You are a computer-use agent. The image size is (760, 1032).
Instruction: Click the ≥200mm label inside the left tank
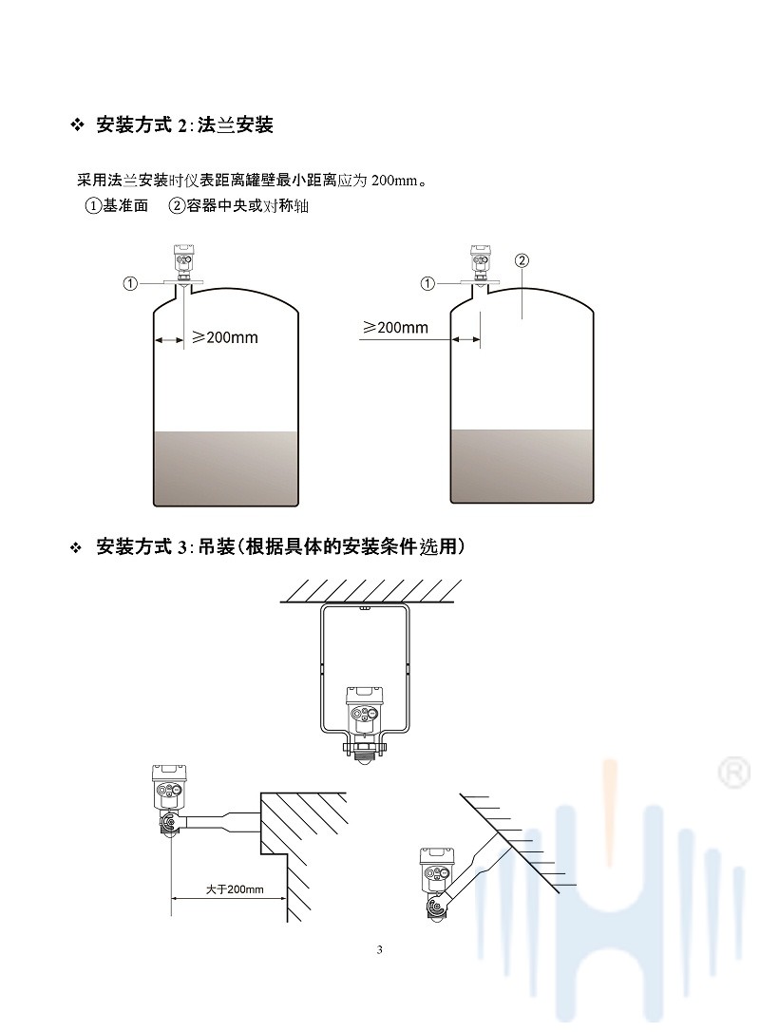pyautogui.click(x=225, y=337)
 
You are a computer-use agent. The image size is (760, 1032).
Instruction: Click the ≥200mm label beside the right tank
pyautogui.click(x=395, y=328)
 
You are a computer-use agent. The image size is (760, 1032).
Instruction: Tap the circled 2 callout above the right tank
pyautogui.click(x=521, y=259)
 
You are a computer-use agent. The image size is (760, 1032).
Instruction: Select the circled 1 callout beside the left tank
pyautogui.click(x=131, y=283)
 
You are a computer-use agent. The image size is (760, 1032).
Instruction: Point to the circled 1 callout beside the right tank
pyautogui.click(x=428, y=283)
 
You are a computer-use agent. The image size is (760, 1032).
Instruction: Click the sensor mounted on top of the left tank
pyautogui.click(x=183, y=261)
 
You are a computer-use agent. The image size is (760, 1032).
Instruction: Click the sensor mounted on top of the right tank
pyautogui.click(x=481, y=261)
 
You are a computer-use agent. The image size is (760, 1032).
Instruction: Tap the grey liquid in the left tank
pyautogui.click(x=227, y=468)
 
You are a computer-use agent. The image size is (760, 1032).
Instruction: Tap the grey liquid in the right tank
pyautogui.click(x=523, y=466)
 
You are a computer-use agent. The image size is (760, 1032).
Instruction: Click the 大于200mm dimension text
pyautogui.click(x=234, y=890)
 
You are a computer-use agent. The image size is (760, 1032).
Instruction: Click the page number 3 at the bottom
pyautogui.click(x=380, y=950)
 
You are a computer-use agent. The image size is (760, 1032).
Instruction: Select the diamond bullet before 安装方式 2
pyautogui.click(x=78, y=125)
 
